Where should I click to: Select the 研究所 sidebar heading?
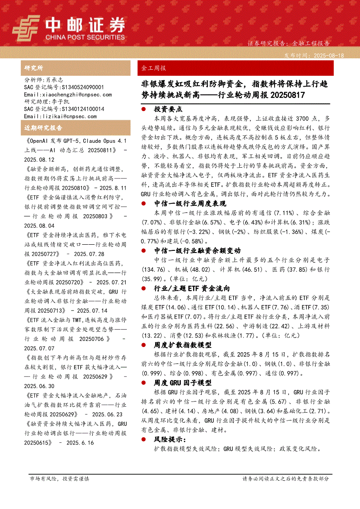pos(34,68)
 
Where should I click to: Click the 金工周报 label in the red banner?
pos(154,68)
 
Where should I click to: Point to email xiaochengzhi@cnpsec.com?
pos(68,94)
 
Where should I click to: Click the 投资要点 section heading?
pos(168,109)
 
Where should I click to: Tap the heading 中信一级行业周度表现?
pos(190,203)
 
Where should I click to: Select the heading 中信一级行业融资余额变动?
pos(197,250)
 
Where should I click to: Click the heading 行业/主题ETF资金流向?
pos(192,289)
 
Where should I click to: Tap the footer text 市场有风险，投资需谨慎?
pos(59,479)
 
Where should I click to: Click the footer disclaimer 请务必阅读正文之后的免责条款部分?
pos(285,479)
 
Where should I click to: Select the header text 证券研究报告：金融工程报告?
pos(289,44)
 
